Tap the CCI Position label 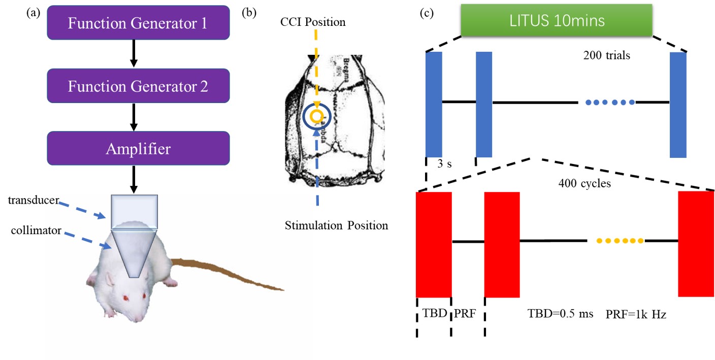[x=315, y=22]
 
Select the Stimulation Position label [x=336, y=225]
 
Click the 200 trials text [x=606, y=55]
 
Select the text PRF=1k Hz [x=636, y=314]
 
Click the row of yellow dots [x=620, y=241]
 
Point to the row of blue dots [x=609, y=103]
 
